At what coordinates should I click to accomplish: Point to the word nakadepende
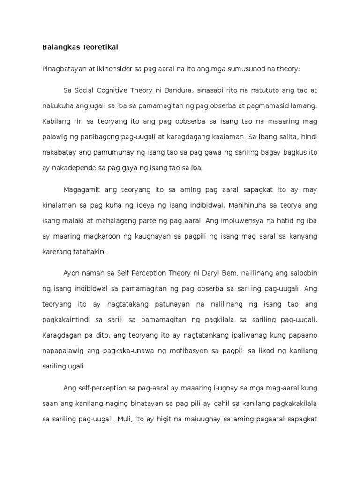[x=75, y=168]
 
